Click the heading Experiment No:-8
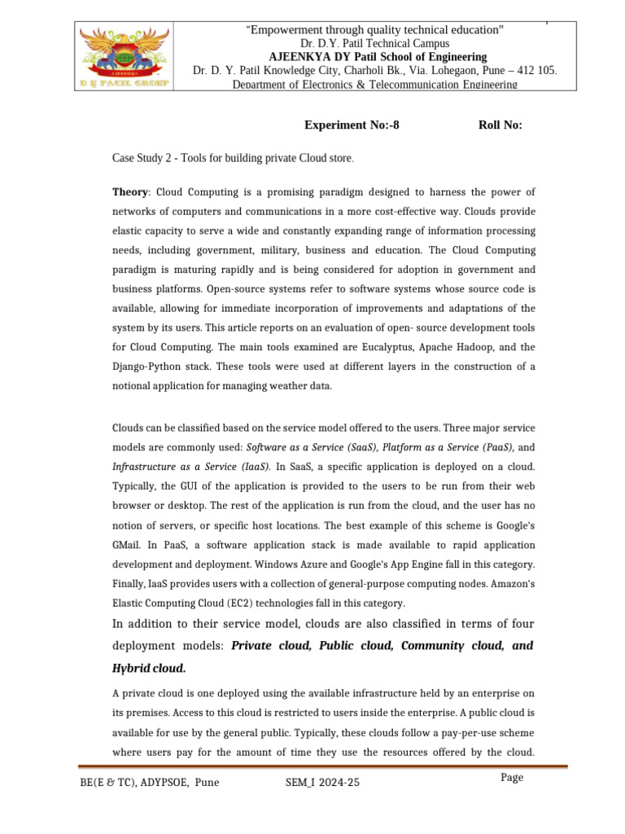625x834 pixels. pyautogui.click(x=352, y=125)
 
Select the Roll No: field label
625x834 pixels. pyautogui.click(x=500, y=125)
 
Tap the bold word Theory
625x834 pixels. pyautogui.click(x=130, y=192)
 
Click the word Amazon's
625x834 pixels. pyautogui.click(x=511, y=584)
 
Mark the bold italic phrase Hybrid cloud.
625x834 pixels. pyautogui.click(x=149, y=668)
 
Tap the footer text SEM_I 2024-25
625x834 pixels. pyautogui.click(x=321, y=783)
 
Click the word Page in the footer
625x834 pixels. pyautogui.click(x=512, y=778)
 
